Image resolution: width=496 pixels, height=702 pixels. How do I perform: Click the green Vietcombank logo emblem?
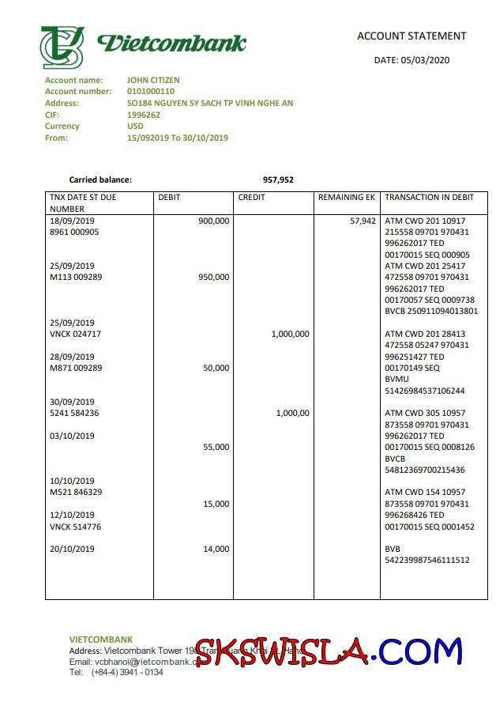click(62, 47)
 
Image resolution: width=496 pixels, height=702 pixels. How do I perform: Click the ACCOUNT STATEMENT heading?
click(411, 36)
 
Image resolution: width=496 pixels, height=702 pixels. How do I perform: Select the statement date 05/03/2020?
click(411, 60)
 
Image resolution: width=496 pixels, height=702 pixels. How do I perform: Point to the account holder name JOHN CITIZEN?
click(153, 80)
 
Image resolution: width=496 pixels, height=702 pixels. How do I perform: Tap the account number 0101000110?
click(152, 92)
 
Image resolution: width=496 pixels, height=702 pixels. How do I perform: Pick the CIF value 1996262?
click(144, 115)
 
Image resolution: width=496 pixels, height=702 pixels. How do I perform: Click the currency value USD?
click(135, 126)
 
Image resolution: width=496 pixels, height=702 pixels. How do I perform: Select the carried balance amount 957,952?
click(278, 180)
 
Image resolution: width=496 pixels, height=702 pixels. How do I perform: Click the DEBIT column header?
click(170, 198)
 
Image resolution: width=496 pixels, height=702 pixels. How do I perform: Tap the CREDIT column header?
click(252, 198)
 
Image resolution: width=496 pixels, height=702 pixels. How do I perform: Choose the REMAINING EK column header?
click(347, 198)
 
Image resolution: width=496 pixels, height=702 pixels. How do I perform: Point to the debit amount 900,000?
click(213, 221)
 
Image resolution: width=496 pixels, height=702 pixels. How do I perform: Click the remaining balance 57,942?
click(363, 221)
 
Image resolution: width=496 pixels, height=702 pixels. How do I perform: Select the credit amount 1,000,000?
click(290, 334)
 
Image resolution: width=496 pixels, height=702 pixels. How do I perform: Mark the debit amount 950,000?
click(213, 277)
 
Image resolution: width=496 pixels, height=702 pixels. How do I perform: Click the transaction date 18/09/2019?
click(72, 221)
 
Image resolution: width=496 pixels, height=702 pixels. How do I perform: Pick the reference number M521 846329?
click(76, 493)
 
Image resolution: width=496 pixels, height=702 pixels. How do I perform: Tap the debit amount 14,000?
click(216, 549)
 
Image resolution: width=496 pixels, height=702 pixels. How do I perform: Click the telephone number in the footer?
click(127, 672)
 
